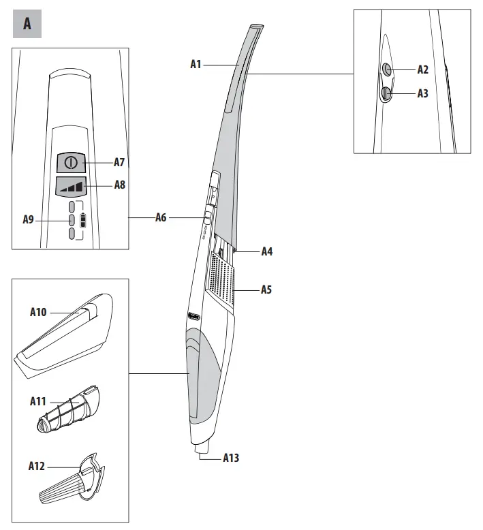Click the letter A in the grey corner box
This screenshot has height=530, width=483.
click(27, 24)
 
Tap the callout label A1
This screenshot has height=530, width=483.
click(196, 64)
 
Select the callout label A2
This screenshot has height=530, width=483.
click(423, 69)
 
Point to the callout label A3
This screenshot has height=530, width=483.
click(423, 93)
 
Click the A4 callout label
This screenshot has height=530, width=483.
click(267, 251)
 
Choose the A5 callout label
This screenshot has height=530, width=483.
click(267, 290)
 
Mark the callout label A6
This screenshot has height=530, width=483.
click(161, 217)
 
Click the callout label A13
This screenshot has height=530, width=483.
click(232, 458)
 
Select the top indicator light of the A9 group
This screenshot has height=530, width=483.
click(71, 206)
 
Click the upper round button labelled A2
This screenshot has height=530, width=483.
click(386, 69)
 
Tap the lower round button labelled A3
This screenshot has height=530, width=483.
click(386, 93)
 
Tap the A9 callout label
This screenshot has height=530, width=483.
click(29, 219)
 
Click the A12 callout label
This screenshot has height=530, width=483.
click(37, 467)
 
